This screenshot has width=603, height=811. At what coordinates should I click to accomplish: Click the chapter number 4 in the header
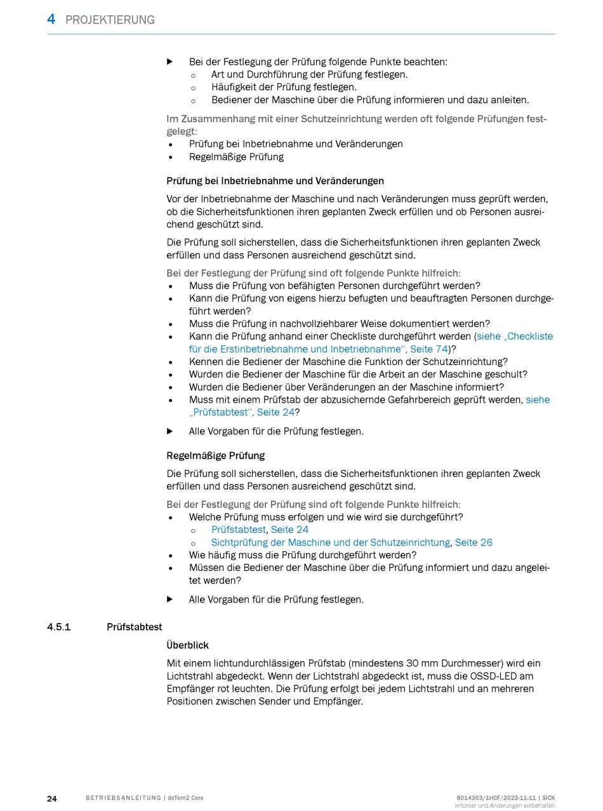pyautogui.click(x=51, y=20)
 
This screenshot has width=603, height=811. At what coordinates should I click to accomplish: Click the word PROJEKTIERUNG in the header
pyautogui.click(x=110, y=20)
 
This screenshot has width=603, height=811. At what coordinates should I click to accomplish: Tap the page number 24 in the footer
pyautogui.click(x=52, y=798)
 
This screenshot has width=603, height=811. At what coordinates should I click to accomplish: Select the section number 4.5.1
pyautogui.click(x=59, y=627)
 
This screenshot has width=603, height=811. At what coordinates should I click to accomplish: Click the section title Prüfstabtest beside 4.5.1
pyautogui.click(x=134, y=627)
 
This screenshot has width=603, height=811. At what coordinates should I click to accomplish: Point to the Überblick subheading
pyautogui.click(x=187, y=645)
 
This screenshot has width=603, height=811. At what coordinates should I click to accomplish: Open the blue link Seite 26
pyautogui.click(x=474, y=542)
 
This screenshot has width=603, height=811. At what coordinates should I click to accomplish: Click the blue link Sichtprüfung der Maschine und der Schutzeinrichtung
pyautogui.click(x=330, y=542)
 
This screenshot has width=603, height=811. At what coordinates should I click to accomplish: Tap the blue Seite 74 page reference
pyautogui.click(x=429, y=349)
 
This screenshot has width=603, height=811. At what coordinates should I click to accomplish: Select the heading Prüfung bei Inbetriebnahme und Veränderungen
pyautogui.click(x=275, y=181)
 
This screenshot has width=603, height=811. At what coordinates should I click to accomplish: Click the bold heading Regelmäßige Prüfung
pyautogui.click(x=215, y=455)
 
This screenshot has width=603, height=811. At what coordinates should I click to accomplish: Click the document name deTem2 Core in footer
pyautogui.click(x=185, y=798)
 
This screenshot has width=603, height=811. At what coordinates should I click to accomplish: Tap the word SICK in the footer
pyautogui.click(x=548, y=798)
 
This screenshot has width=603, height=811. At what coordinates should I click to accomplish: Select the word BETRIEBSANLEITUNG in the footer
pyautogui.click(x=123, y=798)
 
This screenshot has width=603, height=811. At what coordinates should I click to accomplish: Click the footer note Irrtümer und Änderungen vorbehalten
pyautogui.click(x=505, y=806)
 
